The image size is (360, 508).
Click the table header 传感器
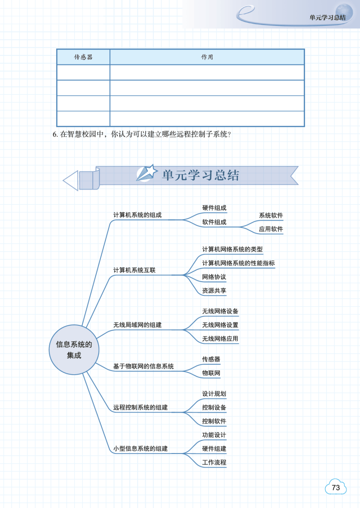[83, 58]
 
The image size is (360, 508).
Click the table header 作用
[207, 58]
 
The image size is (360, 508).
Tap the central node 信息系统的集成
[74, 350]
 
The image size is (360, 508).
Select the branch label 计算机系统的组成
[137, 215]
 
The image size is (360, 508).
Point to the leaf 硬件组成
[214, 208]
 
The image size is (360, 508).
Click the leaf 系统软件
[271, 215]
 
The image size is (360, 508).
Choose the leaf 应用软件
[271, 229]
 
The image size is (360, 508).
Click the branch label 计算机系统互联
[134, 270]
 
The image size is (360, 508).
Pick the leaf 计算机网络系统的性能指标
[238, 263]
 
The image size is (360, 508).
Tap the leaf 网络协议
[214, 277]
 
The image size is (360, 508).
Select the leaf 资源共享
[214, 291]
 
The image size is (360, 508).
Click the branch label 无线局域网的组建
[137, 325]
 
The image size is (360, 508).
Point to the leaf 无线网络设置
[220, 325]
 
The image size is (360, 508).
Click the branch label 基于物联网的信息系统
[143, 366]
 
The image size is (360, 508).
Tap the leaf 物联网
[211, 373]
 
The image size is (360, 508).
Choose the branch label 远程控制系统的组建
[140, 407]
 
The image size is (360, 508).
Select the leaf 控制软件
[214, 421]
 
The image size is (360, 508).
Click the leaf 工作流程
[214, 463]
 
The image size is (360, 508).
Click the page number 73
[336, 488]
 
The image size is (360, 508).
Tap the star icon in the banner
[147, 174]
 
